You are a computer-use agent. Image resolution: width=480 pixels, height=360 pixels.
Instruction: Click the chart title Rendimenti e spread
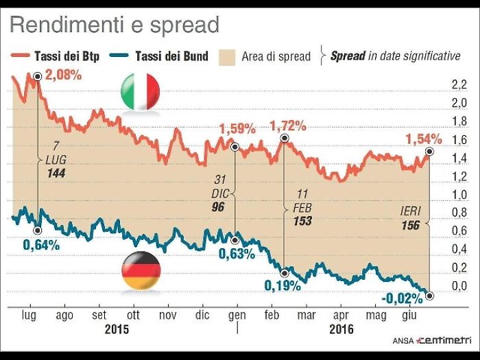114,25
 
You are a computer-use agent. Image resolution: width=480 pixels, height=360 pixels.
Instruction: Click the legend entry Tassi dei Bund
165,56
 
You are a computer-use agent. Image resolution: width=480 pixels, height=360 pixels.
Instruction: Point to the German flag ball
141,271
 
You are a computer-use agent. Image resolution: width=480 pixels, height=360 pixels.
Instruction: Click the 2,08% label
64,75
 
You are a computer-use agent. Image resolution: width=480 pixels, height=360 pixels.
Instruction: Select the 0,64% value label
40,244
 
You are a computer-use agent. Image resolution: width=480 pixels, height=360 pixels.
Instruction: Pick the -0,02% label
401,298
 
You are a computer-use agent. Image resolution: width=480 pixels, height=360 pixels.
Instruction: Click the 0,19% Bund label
283,285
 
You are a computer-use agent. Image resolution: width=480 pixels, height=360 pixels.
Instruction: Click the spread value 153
302,221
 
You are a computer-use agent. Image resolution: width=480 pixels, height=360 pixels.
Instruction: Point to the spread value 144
56,174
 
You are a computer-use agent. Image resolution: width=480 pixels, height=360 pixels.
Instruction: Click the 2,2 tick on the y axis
459,85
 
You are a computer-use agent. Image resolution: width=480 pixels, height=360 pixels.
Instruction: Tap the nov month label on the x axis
167,315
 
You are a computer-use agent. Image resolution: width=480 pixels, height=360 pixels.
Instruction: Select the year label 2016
341,329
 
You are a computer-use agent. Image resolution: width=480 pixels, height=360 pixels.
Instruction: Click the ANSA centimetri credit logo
427,340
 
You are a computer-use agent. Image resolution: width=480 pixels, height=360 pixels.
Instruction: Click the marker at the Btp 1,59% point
235,147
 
